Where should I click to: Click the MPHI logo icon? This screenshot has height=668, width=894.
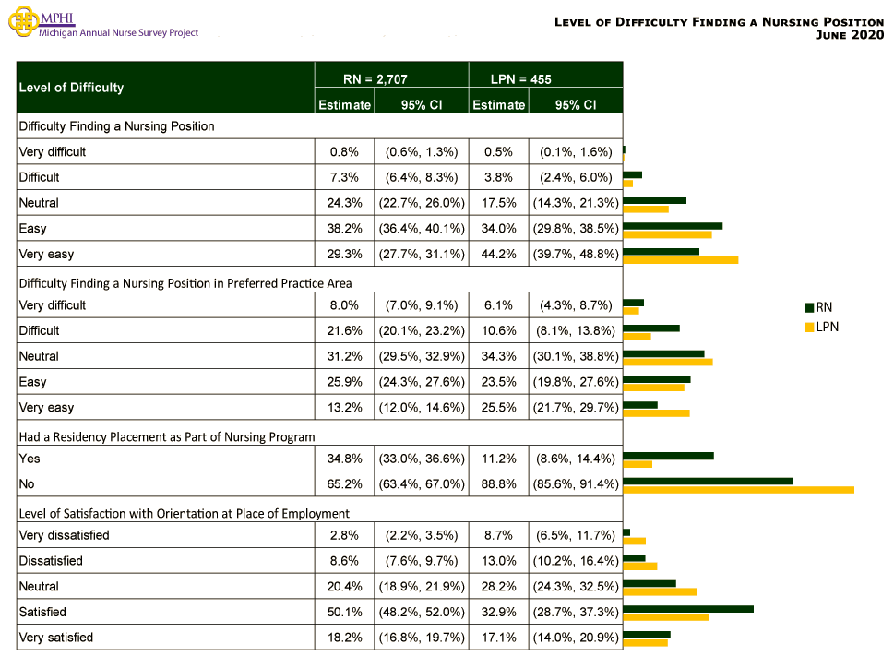(23, 22)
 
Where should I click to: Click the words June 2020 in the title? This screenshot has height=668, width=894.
(850, 35)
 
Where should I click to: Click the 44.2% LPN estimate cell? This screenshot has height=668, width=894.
(498, 254)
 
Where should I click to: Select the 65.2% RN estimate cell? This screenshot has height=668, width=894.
(344, 483)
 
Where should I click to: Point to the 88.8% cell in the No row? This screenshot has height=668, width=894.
(498, 483)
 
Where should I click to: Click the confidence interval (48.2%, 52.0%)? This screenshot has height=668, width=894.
(421, 612)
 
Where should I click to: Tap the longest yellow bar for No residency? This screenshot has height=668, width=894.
(738, 489)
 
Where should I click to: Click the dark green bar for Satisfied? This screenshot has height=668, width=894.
(688, 608)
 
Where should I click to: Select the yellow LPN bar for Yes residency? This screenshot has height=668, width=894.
(638, 463)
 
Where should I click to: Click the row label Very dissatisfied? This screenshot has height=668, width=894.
(64, 535)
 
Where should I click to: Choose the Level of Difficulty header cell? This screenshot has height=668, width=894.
(72, 88)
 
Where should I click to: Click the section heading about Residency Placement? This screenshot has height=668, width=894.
(167, 437)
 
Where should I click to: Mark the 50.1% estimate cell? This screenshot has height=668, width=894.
(344, 612)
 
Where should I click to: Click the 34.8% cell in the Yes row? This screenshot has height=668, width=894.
(344, 459)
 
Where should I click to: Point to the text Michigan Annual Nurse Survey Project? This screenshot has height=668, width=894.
(118, 32)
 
